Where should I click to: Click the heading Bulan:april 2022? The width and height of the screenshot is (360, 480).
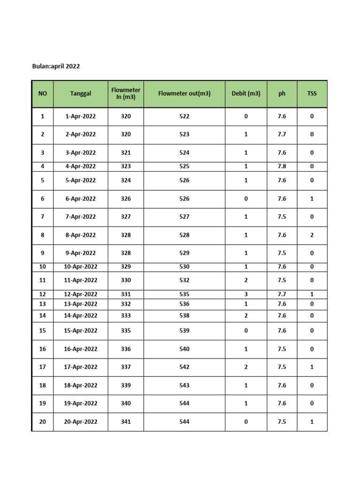[56, 66]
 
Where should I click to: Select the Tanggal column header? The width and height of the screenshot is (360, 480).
[81, 93]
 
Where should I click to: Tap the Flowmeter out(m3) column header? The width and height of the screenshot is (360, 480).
[184, 93]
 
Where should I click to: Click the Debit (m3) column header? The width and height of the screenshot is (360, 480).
[246, 93]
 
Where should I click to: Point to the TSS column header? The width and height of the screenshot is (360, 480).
[312, 93]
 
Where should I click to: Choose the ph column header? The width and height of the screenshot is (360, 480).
[282, 93]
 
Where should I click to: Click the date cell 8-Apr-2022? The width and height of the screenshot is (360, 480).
[81, 235]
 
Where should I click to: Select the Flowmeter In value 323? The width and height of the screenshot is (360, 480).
[126, 166]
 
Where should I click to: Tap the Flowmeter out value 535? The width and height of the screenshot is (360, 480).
[184, 294]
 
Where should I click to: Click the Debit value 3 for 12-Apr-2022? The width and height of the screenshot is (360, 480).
[246, 294]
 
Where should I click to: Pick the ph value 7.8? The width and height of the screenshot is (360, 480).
[282, 166]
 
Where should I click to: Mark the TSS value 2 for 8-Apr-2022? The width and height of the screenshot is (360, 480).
[312, 235]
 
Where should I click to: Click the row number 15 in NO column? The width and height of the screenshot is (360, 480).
[43, 330]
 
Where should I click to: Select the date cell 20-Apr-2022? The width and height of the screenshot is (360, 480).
[81, 422]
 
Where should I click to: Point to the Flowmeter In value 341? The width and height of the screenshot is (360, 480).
[126, 422]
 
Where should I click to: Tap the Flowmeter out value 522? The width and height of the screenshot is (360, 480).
[184, 116]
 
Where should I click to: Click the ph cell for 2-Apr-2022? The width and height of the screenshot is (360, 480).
[282, 135]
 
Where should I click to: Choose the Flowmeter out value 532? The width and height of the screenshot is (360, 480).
[184, 280]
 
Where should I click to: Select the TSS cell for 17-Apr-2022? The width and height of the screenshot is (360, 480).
[312, 367]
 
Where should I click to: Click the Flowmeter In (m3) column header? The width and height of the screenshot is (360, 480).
[126, 93]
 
